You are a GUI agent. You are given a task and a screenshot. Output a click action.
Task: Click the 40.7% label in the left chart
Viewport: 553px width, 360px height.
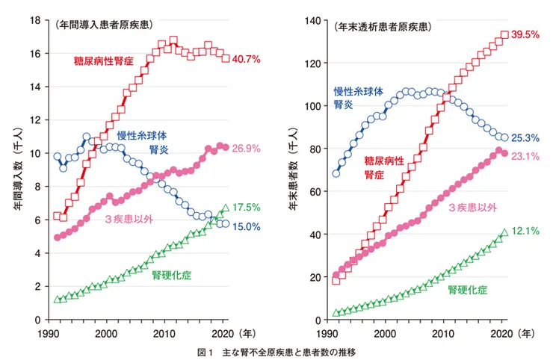[x=246, y=58]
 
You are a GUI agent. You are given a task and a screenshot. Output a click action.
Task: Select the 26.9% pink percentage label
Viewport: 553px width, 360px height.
[x=246, y=148]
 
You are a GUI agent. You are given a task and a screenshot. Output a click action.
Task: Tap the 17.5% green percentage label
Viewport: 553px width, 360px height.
[x=246, y=207]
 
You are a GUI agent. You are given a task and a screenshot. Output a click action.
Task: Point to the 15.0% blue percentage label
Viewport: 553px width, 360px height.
[x=246, y=226]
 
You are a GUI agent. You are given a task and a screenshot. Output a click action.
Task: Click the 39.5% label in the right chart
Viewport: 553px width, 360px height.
[x=525, y=34]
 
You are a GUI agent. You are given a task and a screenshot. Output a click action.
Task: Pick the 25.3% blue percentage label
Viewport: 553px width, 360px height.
[x=525, y=138]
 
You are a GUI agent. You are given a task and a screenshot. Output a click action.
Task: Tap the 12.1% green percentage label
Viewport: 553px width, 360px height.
[x=525, y=232]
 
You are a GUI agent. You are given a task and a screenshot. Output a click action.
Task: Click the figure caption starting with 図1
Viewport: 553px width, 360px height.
[x=276, y=350]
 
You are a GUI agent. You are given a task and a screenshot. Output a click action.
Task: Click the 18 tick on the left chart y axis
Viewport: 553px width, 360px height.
[x=34, y=20]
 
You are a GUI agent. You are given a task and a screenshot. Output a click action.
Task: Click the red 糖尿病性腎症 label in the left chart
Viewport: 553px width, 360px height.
[x=103, y=59]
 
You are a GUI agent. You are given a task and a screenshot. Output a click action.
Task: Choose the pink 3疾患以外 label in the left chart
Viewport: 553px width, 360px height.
[x=129, y=219]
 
